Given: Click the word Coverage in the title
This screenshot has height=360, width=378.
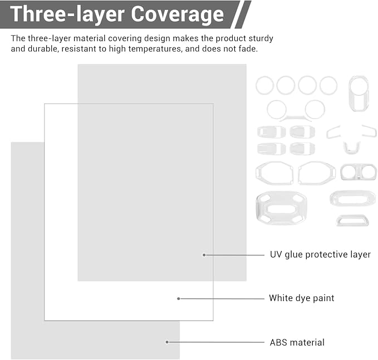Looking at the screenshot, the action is [x=178, y=14].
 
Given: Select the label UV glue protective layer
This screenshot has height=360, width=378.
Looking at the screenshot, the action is [x=320, y=255].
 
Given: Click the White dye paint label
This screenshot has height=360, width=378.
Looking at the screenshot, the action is [x=302, y=298].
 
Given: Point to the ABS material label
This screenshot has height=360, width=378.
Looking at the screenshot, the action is [x=297, y=342].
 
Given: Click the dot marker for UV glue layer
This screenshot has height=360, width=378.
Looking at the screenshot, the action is [x=204, y=255].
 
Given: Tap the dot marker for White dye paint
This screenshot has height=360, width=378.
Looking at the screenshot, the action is [x=178, y=299].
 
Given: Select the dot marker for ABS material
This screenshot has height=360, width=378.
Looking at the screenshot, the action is [x=167, y=342].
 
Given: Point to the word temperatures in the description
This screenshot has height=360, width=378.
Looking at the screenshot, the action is [x=154, y=49].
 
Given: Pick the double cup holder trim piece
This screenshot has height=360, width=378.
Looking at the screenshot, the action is [x=359, y=172].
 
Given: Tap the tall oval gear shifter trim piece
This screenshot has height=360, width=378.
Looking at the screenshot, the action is [x=359, y=93].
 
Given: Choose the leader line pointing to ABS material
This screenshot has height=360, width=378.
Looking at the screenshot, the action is [x=216, y=342].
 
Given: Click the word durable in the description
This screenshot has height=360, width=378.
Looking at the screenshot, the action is [x=43, y=48].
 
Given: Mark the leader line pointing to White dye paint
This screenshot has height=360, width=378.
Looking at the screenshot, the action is [x=222, y=299].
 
